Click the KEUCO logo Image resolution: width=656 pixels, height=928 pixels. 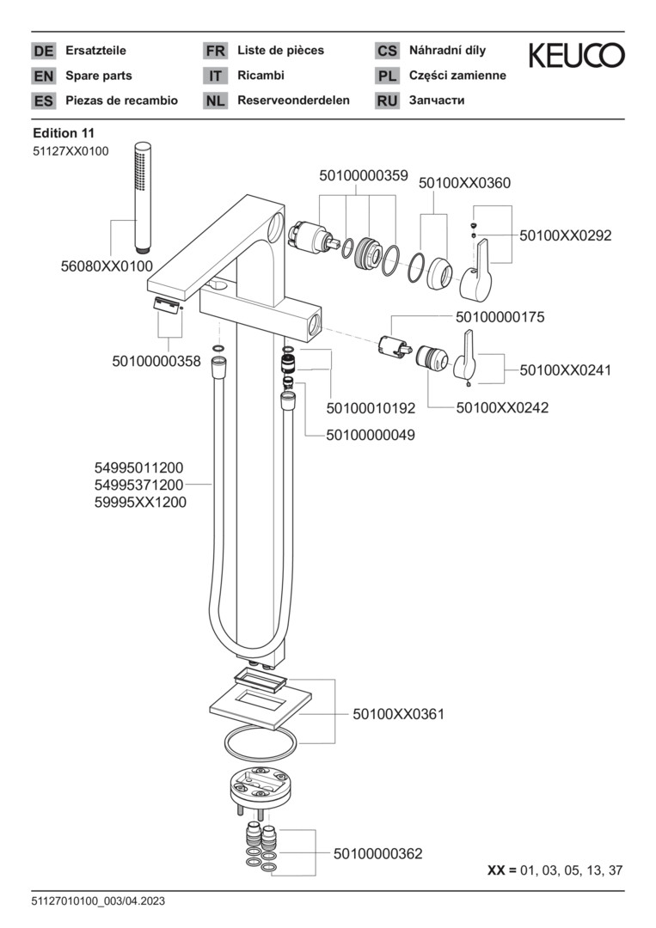click(x=576, y=56)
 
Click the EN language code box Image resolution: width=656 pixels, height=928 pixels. click(x=43, y=76)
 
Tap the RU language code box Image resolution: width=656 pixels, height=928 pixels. click(x=387, y=101)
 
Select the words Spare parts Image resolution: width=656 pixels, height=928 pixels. click(x=99, y=76)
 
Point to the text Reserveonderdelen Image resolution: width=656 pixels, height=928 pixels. click(x=293, y=101)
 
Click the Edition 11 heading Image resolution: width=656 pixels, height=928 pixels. click(x=63, y=133)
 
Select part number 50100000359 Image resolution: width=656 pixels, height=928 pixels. click(x=363, y=175)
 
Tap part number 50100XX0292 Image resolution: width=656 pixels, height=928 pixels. click(x=565, y=235)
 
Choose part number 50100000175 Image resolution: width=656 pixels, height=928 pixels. click(x=500, y=317)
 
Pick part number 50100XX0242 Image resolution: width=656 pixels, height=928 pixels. click(x=502, y=407)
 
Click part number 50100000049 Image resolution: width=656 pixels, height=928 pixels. click(x=371, y=435)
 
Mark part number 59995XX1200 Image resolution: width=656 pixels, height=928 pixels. click(x=140, y=503)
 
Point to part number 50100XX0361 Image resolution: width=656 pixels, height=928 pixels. click(x=398, y=714)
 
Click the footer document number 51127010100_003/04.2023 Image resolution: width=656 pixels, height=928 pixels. click(x=98, y=901)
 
